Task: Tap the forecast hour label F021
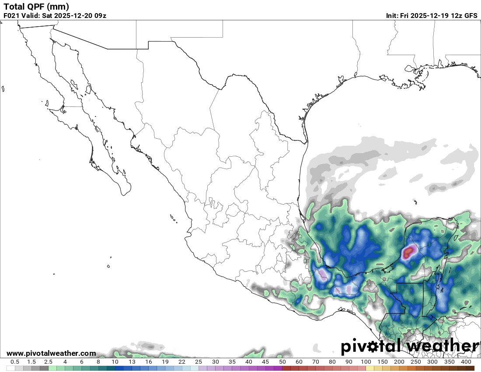11,16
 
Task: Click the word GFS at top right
471,16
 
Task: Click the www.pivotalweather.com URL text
51,353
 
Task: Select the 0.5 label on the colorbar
15,362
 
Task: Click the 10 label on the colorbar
115,362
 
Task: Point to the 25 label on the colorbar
198,362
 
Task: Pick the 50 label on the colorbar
282,362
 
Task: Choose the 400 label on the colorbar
466,362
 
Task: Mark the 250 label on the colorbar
416,362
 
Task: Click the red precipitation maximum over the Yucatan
409,252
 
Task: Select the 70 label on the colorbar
316,362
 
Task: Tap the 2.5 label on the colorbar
48,362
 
